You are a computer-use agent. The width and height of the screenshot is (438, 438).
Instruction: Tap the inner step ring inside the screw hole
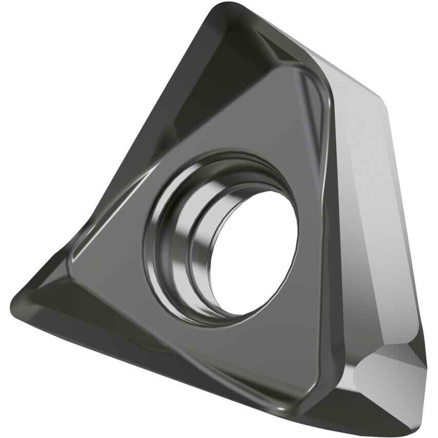coord(205,241)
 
